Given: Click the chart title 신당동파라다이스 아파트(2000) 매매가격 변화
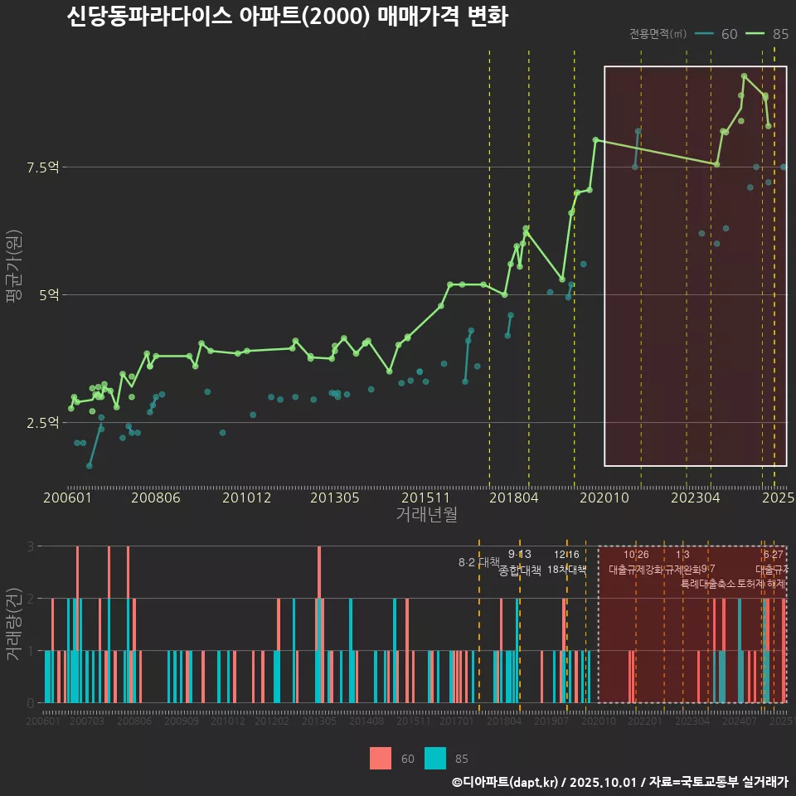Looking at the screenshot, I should tap(287, 17).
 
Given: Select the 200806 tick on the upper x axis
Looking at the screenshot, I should tap(157, 498).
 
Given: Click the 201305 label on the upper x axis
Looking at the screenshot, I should tap(336, 498).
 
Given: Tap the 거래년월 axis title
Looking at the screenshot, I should tap(426, 515).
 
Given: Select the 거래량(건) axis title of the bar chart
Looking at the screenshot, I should tap(14, 624).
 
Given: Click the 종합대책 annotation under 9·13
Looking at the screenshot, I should tap(519, 570).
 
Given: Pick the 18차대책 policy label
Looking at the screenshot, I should tap(567, 570).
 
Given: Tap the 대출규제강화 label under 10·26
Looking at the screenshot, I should tap(636, 570).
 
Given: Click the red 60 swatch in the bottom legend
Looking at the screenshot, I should tap(381, 758).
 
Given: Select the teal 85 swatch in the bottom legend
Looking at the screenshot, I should tap(435, 758).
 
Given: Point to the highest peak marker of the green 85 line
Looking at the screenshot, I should tap(745, 75).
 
